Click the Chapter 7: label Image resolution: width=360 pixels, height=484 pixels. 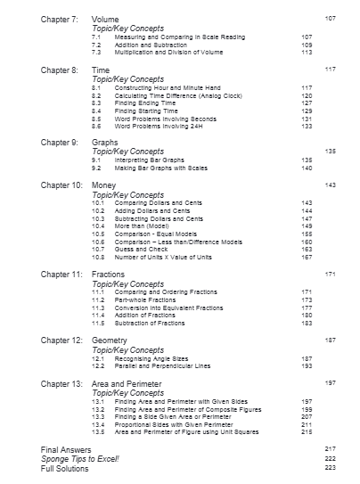[x=60, y=19]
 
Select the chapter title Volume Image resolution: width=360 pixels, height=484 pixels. [x=105, y=19]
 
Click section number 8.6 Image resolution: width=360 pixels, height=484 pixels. [x=97, y=126]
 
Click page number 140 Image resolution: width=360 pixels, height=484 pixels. [x=307, y=167]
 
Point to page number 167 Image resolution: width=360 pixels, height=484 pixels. [x=307, y=257]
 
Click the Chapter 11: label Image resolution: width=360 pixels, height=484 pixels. [x=61, y=275]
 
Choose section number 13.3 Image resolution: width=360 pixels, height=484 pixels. [x=98, y=416]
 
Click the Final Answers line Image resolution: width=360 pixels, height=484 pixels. [x=66, y=450]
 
